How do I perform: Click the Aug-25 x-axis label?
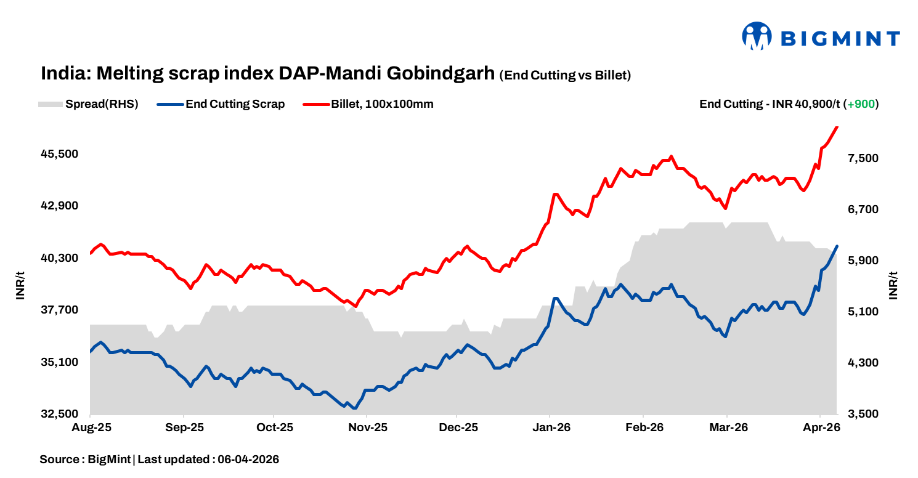(x=91, y=427)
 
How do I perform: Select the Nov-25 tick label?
(x=367, y=427)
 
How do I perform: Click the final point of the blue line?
(x=837, y=246)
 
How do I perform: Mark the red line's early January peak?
(x=555, y=194)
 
